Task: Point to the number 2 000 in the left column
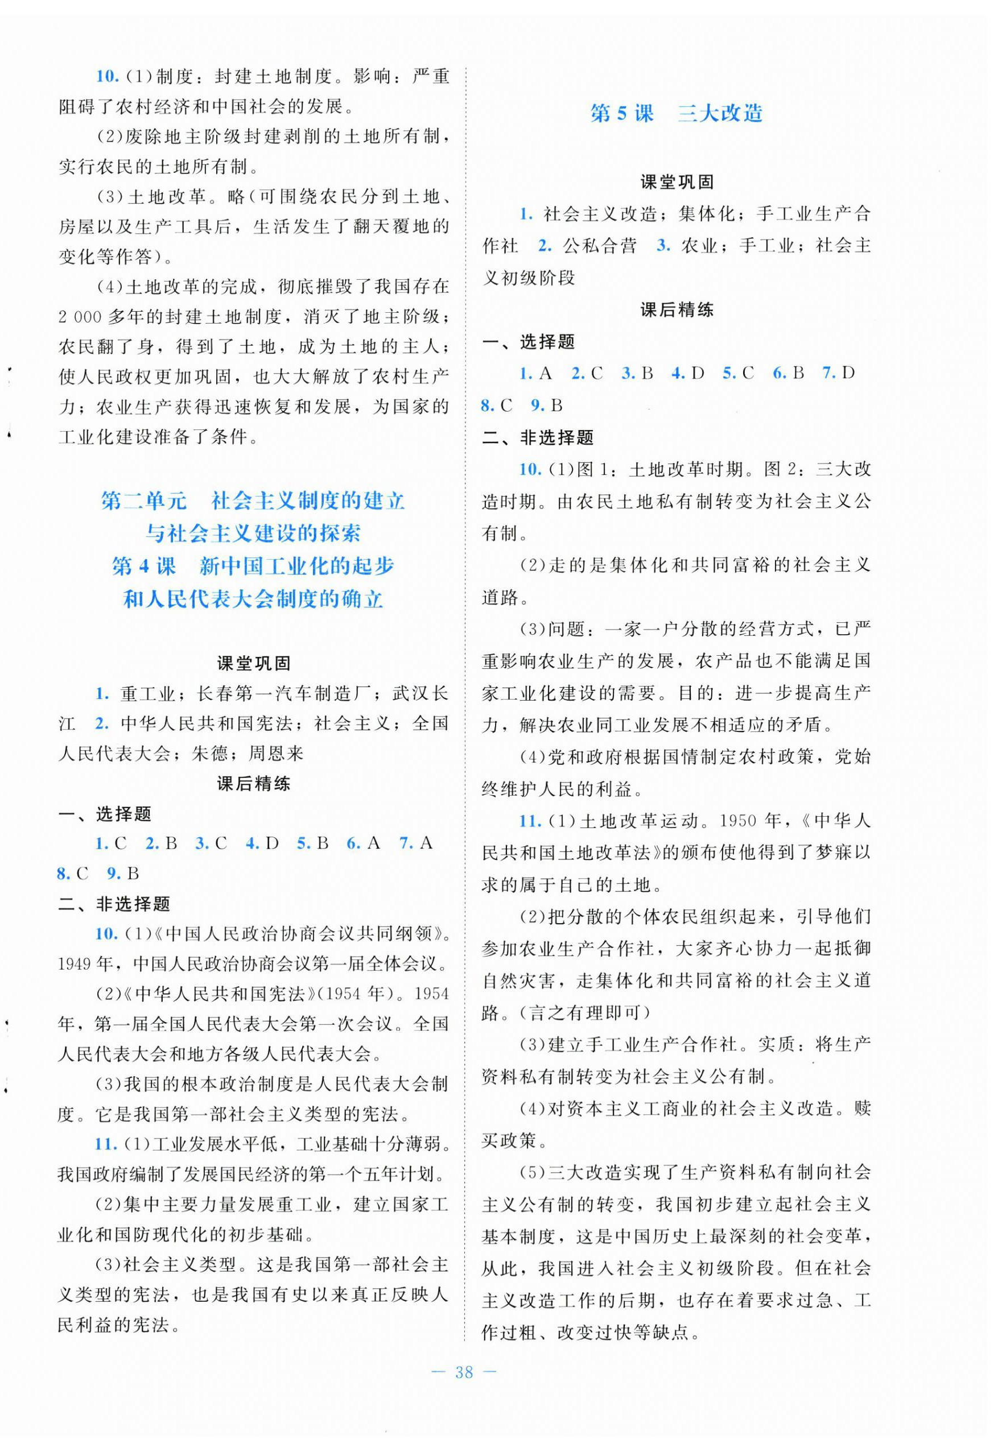click(x=80, y=317)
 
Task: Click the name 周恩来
click(x=276, y=754)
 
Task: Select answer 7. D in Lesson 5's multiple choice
click(x=839, y=373)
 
